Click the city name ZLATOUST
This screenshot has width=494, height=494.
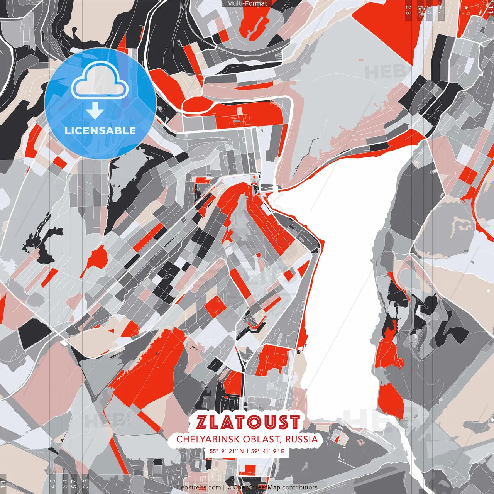click(247, 422)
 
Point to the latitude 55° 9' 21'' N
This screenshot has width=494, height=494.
click(227, 450)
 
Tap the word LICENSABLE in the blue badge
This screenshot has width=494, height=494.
click(100, 130)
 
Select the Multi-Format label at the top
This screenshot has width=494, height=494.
click(247, 3)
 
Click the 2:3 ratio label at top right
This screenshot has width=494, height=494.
click(408, 9)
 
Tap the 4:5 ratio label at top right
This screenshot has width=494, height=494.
click(442, 9)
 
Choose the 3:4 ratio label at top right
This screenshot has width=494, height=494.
click(429, 9)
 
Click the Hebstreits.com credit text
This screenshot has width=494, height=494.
click(198, 487)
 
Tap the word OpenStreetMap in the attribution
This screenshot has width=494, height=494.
click(257, 487)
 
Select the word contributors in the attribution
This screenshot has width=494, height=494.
click(300, 487)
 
